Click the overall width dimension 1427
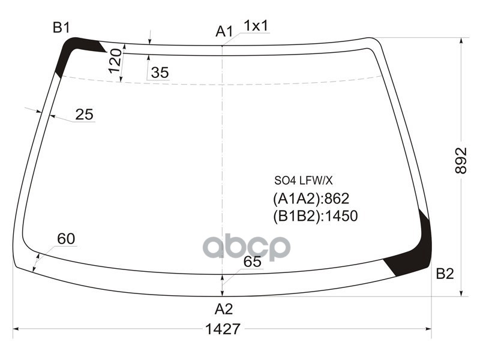223,329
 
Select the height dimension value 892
461,160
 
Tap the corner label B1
61,27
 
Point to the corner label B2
445,274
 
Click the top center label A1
224,31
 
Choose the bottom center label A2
223,309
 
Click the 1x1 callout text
256,26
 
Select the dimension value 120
115,61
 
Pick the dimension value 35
160,73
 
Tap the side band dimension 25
85,115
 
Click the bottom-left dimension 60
66,239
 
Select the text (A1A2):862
311,199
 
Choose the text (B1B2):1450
315,215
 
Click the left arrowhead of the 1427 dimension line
16,329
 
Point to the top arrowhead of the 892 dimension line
461,41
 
